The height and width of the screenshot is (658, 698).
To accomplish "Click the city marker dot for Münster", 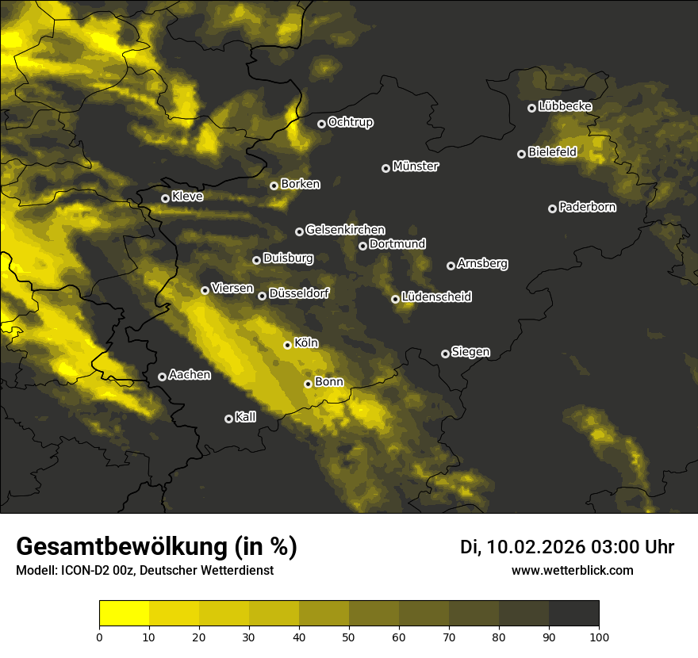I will (x=386, y=168).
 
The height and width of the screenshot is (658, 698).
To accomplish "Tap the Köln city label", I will (x=306, y=343).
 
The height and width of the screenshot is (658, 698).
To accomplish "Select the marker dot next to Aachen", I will (x=162, y=377).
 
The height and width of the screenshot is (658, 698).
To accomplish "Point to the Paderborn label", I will (x=588, y=207).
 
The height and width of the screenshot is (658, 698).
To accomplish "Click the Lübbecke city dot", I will (x=531, y=108).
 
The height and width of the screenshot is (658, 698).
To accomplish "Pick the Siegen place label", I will (x=470, y=352).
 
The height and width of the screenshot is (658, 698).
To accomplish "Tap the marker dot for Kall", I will (x=228, y=419).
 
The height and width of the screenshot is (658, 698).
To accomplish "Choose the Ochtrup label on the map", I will (x=351, y=122).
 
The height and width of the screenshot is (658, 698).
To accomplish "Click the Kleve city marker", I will (x=165, y=198).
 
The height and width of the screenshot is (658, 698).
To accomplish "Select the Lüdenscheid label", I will (x=437, y=297).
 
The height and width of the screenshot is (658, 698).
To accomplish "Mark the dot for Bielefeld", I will (x=521, y=154).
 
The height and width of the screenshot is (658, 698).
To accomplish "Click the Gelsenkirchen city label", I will (x=345, y=230).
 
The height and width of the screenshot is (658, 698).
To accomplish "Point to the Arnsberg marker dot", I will (x=451, y=266).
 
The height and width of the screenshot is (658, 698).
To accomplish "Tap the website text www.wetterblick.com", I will (x=573, y=570).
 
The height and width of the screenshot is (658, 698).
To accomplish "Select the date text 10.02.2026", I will (x=535, y=547).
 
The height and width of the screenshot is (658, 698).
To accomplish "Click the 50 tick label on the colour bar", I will (x=349, y=637).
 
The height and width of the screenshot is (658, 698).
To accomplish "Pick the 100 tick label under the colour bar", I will (x=599, y=637).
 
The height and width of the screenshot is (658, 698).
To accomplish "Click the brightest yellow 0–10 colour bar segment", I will (x=125, y=614).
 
